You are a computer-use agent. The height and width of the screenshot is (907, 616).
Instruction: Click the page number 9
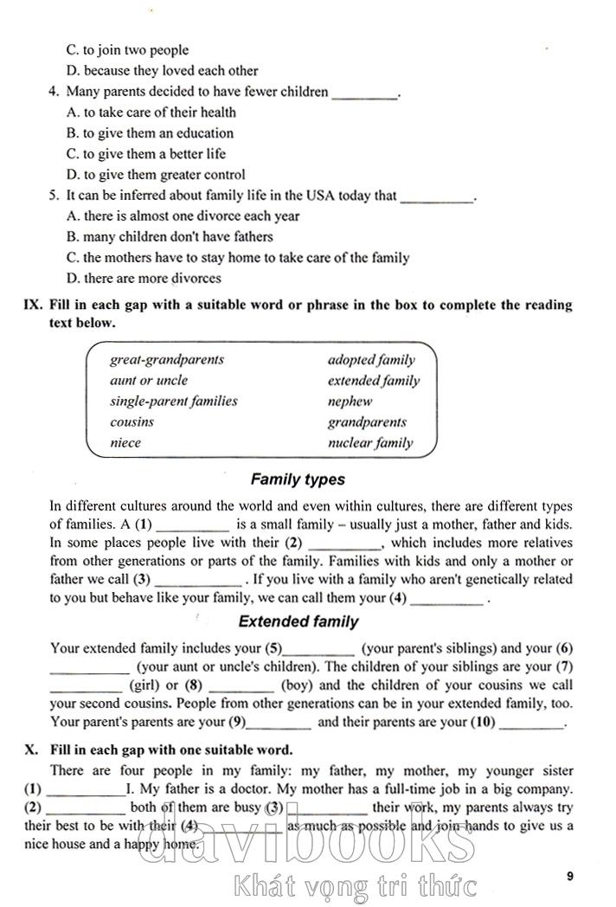[x=570, y=876]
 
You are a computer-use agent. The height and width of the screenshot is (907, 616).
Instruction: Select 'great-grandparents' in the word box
[x=166, y=359]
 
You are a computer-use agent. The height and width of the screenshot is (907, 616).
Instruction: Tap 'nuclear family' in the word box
[x=369, y=443]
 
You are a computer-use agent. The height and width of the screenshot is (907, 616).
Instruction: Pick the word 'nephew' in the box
[x=350, y=402]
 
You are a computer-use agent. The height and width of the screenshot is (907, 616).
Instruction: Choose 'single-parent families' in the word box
[x=173, y=401]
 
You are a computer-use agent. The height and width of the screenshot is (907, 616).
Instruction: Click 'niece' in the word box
[x=125, y=442]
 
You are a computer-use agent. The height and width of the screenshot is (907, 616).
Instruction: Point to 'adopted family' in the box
[x=370, y=359]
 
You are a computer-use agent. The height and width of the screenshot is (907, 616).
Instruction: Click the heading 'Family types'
[x=298, y=479]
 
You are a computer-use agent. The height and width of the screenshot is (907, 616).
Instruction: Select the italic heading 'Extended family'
[x=298, y=621]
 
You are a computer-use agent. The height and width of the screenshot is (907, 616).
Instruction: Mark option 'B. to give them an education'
[x=150, y=133]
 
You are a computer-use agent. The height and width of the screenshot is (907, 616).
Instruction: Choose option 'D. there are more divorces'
[x=144, y=279]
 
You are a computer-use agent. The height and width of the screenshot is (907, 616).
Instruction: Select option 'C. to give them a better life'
[x=145, y=154]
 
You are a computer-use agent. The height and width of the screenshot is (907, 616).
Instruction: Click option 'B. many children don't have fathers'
[x=170, y=237]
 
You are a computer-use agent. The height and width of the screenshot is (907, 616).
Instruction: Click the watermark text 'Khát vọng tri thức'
[x=355, y=886]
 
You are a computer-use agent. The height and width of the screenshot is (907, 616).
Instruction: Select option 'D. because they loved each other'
[x=162, y=71]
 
